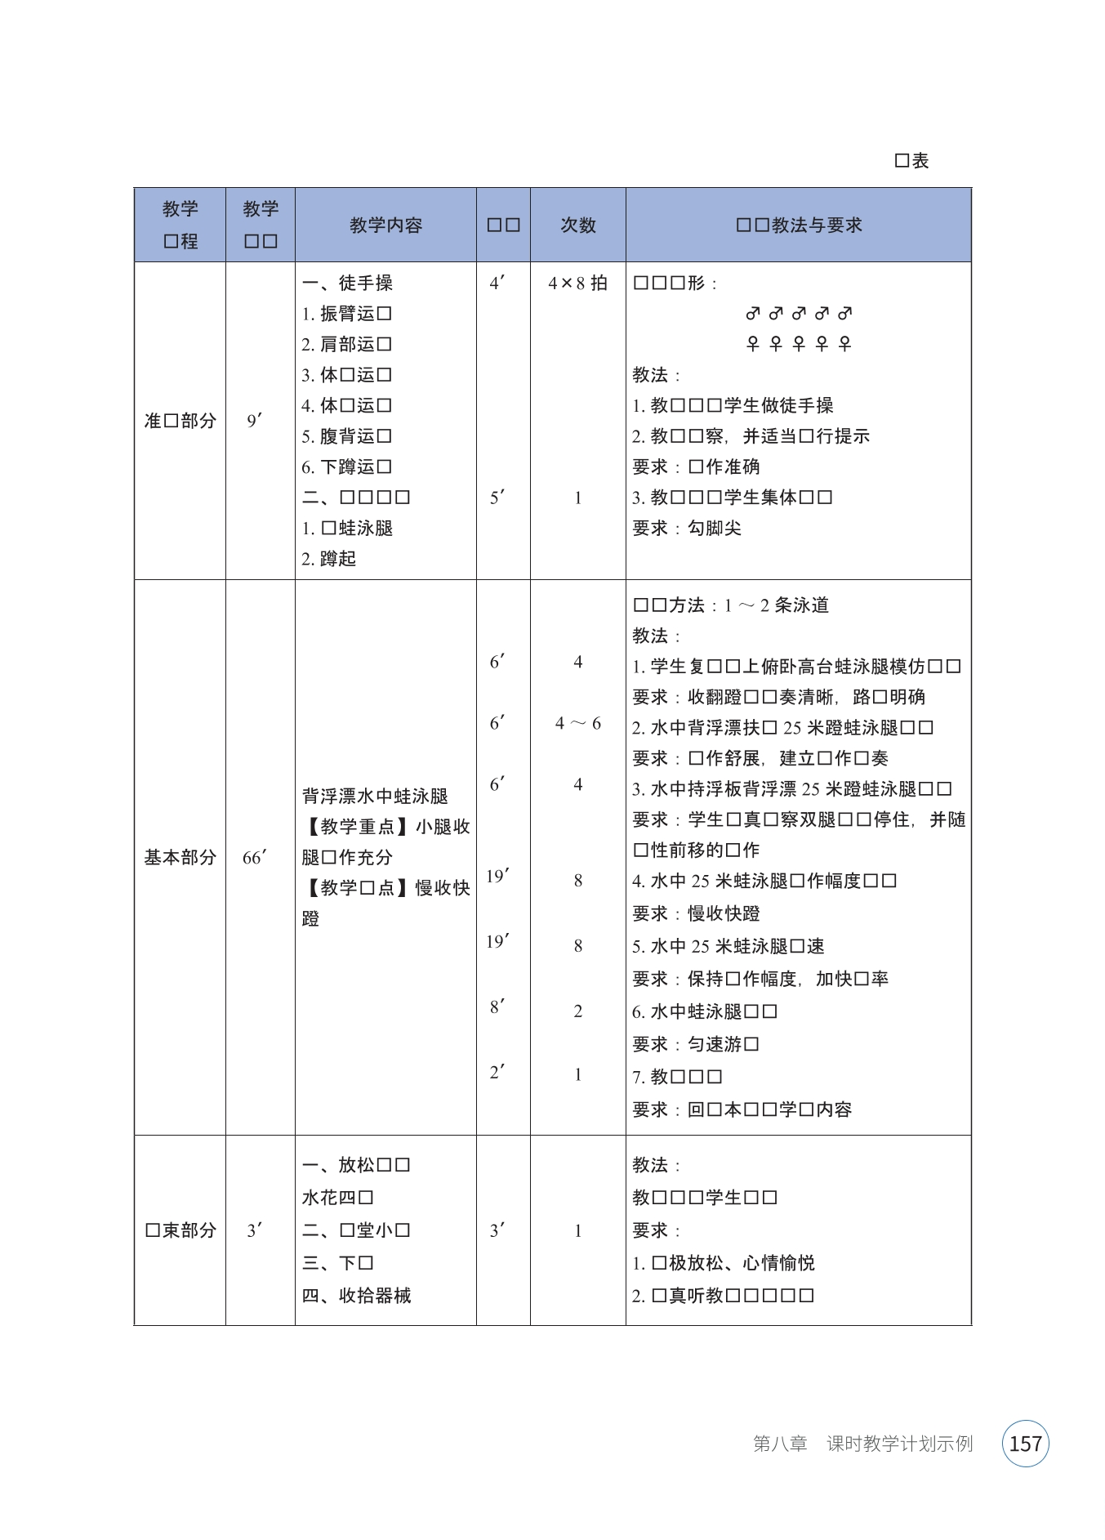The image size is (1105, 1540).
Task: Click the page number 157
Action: click(x=1025, y=1444)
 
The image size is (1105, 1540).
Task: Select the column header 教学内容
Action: click(x=385, y=225)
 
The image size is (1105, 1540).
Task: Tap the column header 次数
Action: click(x=577, y=225)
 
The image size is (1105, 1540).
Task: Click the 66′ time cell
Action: click(x=255, y=858)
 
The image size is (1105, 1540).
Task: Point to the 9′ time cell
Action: click(x=255, y=422)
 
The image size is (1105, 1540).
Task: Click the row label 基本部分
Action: click(x=180, y=858)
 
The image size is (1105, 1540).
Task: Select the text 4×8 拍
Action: click(x=577, y=283)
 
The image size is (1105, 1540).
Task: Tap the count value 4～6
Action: click(x=577, y=724)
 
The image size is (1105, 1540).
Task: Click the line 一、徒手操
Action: click(x=347, y=283)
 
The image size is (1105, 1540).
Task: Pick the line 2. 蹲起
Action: click(x=329, y=559)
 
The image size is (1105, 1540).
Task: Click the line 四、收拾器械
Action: click(x=356, y=1296)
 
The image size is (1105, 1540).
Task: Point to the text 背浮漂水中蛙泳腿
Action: click(x=375, y=797)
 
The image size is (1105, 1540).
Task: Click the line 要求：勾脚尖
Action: click(x=687, y=529)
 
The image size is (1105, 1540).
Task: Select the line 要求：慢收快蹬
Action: click(x=696, y=913)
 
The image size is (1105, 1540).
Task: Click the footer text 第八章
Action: click(x=780, y=1444)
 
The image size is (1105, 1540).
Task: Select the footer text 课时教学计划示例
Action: click(x=899, y=1444)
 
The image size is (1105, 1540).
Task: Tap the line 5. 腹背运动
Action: click(x=347, y=436)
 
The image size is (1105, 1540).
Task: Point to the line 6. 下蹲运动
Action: click(x=347, y=467)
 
